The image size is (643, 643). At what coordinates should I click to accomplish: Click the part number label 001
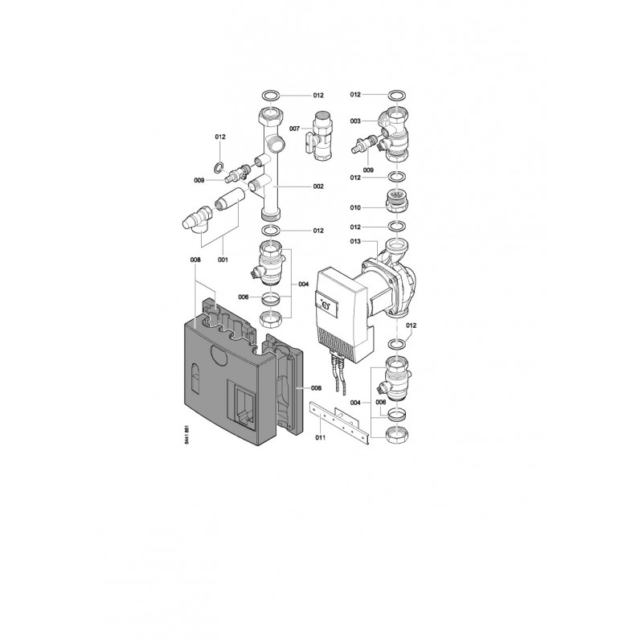(223, 260)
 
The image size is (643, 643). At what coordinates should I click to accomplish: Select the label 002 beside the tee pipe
(318, 186)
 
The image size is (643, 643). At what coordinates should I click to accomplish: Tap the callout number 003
(355, 121)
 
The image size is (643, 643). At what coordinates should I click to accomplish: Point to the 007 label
(294, 129)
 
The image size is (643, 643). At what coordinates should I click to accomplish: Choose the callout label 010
(355, 207)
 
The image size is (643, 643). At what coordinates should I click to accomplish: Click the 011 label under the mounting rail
(320, 437)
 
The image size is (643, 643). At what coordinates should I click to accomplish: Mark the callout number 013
(355, 242)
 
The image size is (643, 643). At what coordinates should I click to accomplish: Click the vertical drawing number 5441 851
(187, 435)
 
